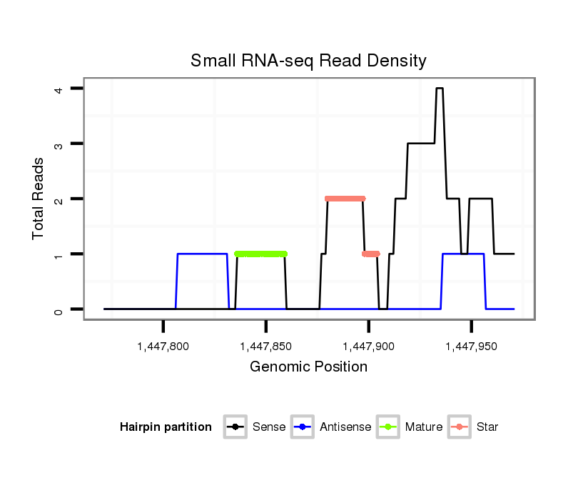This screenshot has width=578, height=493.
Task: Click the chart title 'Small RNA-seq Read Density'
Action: coord(308,61)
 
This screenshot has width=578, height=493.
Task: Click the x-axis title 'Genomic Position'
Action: coord(308,367)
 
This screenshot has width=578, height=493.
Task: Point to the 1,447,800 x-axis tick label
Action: coord(163,347)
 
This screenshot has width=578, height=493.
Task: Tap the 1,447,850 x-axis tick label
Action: coord(266,347)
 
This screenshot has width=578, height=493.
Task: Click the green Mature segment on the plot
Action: coord(260,254)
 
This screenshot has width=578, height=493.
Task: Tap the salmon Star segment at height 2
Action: coord(345,199)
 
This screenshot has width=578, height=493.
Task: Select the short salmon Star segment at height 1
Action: coord(371,254)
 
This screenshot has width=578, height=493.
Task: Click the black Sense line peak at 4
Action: coord(440,89)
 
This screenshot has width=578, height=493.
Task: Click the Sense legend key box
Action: coord(235,427)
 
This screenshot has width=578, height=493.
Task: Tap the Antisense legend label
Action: coord(345,427)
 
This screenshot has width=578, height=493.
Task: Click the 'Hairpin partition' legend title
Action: coord(166,427)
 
